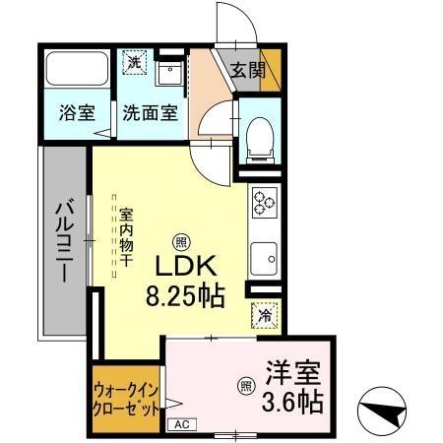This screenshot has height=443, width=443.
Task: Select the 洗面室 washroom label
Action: [x=150, y=112]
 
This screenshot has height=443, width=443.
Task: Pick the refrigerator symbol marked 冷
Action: [x=264, y=316]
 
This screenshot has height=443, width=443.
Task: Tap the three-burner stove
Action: [x=264, y=202]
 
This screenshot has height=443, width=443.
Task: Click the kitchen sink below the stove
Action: [x=264, y=258]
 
